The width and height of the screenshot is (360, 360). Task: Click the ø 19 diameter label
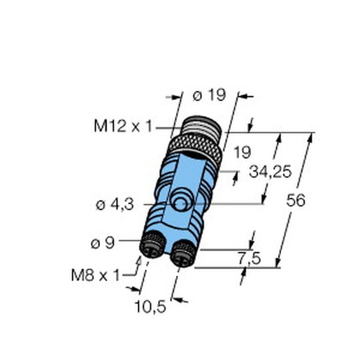[209, 95]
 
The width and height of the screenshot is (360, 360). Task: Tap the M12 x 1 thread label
[123, 127]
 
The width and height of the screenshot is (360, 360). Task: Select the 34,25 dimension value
[271, 172]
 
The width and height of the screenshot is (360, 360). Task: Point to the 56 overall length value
[296, 200]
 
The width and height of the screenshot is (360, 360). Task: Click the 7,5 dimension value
[249, 259]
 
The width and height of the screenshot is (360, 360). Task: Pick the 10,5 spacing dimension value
[150, 306]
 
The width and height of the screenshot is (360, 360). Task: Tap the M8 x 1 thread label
[95, 275]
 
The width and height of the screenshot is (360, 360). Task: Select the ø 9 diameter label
[103, 243]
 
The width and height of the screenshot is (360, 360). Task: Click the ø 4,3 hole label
[115, 205]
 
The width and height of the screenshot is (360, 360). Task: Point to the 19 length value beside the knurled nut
[243, 152]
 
